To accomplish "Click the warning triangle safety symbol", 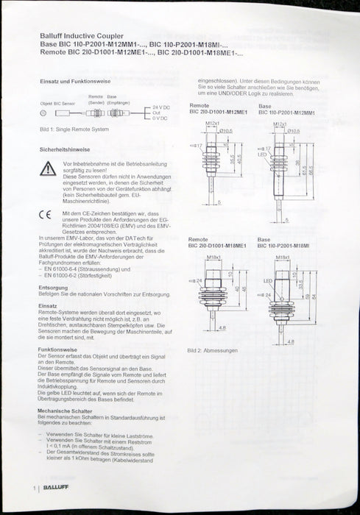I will tap(48, 168).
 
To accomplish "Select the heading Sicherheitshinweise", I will tap(65, 148).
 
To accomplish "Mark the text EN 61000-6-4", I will tap(61, 269).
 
